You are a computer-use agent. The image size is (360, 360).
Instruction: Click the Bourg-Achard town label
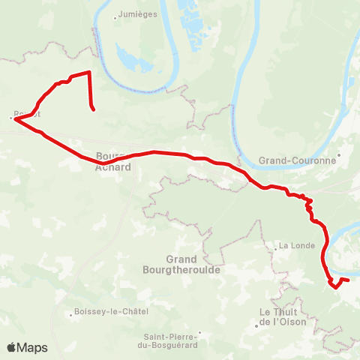113,162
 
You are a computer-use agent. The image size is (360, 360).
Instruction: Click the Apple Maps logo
28,348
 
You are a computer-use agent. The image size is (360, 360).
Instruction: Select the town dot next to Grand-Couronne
339,156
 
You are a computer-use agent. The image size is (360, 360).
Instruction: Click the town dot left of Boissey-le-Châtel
70,312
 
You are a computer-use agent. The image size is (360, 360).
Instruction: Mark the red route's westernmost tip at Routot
13,118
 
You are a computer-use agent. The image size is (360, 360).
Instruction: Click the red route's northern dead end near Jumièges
94,110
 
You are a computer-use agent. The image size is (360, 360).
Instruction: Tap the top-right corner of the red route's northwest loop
89,72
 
